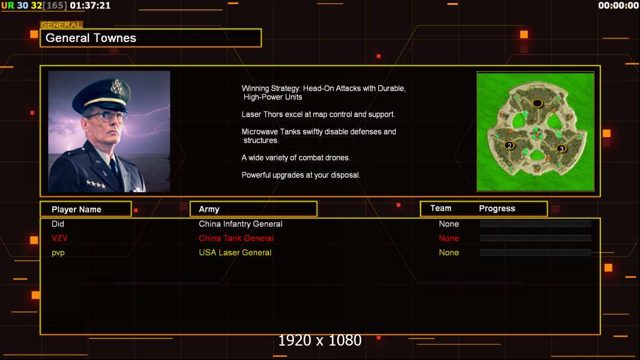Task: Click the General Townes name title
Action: coord(91,38)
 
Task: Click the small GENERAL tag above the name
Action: coord(61,25)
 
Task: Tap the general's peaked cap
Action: coord(109,90)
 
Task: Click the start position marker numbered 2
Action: coord(510,145)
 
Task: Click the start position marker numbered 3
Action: coord(561,148)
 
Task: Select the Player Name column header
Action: coord(76,209)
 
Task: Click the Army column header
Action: coord(209,209)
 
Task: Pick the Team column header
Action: coord(441,208)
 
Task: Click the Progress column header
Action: coord(497,209)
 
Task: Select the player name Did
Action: coord(58,224)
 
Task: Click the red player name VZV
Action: coord(59,238)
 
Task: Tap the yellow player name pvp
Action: coord(58,253)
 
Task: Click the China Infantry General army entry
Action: coord(241,224)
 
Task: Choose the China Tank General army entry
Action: coord(236,238)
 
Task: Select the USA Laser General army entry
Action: coord(235,253)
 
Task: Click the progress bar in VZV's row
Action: coord(536,238)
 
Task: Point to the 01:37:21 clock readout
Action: coord(90,5)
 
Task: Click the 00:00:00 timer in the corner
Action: coord(618,5)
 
